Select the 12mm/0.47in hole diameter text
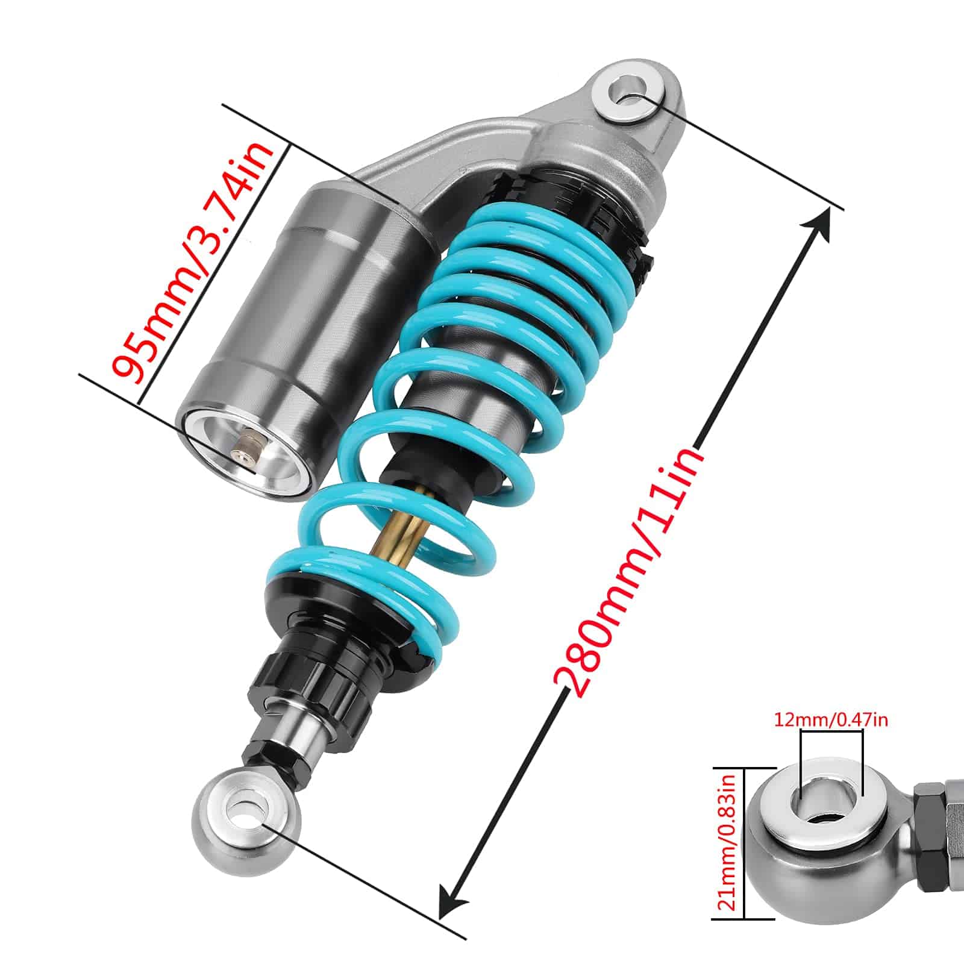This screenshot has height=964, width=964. tap(831, 719)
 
